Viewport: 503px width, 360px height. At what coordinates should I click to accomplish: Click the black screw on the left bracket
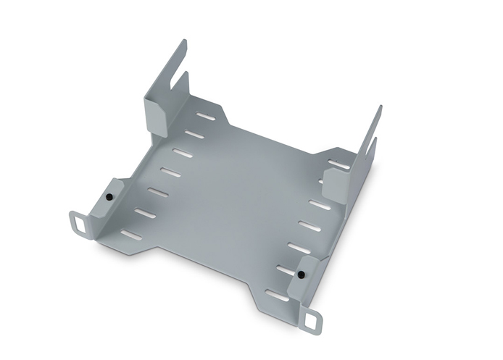pyautogui.click(x=108, y=196)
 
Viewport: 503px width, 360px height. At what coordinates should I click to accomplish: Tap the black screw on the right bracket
pyautogui.click(x=299, y=275)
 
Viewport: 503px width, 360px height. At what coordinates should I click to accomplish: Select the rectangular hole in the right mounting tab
pyautogui.click(x=314, y=319)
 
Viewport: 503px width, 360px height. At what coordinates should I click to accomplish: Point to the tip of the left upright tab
pyautogui.click(x=183, y=43)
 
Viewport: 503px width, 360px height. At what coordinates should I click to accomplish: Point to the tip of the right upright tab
pyautogui.click(x=378, y=109)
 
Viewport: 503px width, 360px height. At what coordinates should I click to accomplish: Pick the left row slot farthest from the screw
pyautogui.click(x=206, y=117)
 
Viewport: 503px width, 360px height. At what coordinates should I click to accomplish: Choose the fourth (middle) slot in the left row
pyautogui.click(x=170, y=172)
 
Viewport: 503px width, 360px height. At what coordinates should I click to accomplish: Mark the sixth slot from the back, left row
pyautogui.click(x=145, y=214)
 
